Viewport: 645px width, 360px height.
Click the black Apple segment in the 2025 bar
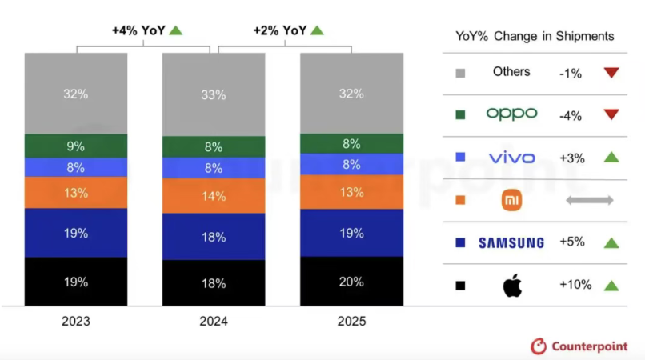(x=351, y=281)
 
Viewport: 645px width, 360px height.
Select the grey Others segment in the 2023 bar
(x=76, y=94)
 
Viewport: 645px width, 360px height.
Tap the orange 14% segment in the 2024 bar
(x=214, y=195)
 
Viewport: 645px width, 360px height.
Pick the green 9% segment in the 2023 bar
(x=76, y=146)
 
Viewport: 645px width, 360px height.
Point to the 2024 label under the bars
(x=214, y=322)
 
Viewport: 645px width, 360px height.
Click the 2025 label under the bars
(x=351, y=322)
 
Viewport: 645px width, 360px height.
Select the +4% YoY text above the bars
(x=139, y=30)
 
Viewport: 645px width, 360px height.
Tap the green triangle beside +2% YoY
(x=317, y=30)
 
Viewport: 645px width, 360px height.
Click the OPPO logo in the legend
(x=511, y=114)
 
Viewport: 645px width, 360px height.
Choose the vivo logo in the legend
(x=511, y=158)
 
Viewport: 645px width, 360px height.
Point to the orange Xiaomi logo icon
(x=511, y=200)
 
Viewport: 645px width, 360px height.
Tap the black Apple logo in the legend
(x=512, y=286)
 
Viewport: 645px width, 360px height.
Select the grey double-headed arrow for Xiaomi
(x=589, y=200)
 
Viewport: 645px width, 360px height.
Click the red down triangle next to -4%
(x=611, y=114)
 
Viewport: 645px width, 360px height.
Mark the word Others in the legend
(x=511, y=72)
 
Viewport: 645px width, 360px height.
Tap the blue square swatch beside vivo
(x=460, y=158)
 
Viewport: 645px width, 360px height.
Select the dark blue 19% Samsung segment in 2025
(x=351, y=233)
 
